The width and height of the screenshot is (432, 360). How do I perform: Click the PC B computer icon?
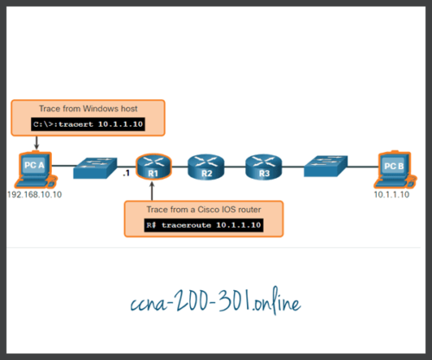tap(392, 167)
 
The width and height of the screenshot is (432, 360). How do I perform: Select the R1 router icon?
tap(153, 166)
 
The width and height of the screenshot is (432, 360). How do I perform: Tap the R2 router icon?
tap(206, 166)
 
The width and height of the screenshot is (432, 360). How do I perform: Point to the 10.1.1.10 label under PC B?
tap(393, 195)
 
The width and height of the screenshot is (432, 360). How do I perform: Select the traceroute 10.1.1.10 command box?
tap(202, 225)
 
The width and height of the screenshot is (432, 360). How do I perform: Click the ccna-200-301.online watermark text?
tap(215, 304)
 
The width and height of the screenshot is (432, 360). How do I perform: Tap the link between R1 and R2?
tap(179, 166)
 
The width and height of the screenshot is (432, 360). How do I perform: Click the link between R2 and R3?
tap(232, 166)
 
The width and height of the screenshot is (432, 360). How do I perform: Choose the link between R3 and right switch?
tap(288, 166)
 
